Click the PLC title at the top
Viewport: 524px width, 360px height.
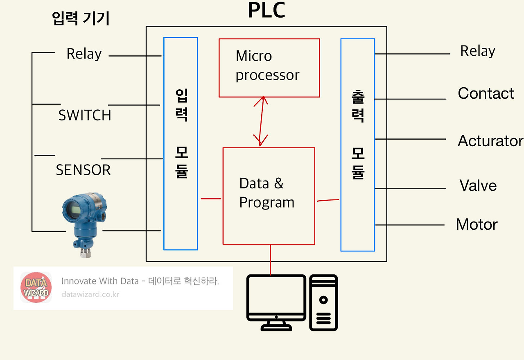point(267,11)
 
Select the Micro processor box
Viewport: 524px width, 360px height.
point(269,68)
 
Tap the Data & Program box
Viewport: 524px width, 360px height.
point(269,196)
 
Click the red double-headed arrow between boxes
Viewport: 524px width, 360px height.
point(260,121)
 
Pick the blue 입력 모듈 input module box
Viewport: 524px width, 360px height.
point(181,143)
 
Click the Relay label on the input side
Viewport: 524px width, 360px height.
point(84,54)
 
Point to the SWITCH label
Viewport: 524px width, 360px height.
point(85,115)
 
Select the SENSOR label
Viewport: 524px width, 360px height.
point(83,170)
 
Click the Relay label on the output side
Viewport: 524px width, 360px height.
point(477,51)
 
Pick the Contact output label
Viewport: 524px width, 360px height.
point(486,93)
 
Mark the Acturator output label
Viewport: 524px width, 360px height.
point(490,141)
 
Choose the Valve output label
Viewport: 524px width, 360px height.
point(478,186)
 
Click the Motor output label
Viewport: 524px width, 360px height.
point(477,224)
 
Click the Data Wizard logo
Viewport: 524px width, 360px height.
point(36,288)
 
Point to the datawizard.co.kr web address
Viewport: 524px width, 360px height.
point(90,294)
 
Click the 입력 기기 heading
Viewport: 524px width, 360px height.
point(81,19)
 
